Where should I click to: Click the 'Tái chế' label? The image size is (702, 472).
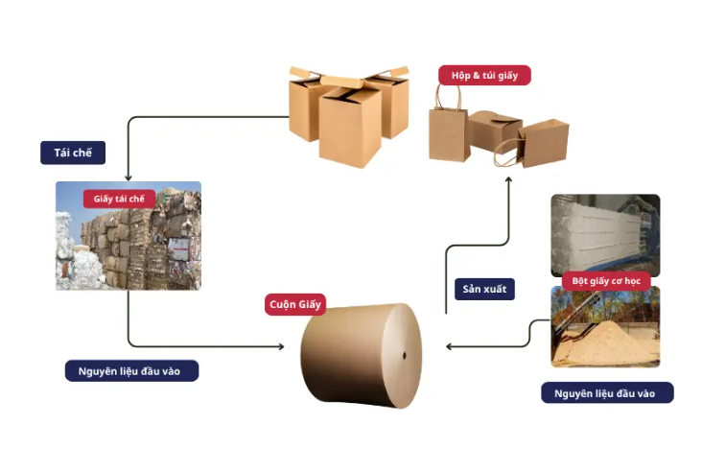click(73, 153)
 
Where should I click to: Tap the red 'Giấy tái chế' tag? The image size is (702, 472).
click(119, 200)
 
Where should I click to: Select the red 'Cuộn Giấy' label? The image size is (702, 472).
click(295, 305)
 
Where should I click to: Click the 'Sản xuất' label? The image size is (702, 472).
click(483, 288)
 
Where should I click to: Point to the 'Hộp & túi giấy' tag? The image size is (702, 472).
click(484, 75)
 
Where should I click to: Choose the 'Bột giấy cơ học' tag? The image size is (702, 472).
click(606, 281)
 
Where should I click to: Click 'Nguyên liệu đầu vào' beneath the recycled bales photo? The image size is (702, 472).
click(131, 370)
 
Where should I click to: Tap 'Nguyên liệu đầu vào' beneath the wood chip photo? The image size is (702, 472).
click(607, 392)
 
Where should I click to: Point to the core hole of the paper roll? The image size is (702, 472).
click(404, 357)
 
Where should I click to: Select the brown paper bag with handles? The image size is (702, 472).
click(449, 131)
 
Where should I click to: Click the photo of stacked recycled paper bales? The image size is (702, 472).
click(128, 240)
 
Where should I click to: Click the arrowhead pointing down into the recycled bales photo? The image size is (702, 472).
click(129, 177)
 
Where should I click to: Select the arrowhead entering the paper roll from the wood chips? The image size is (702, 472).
click(449, 346)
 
